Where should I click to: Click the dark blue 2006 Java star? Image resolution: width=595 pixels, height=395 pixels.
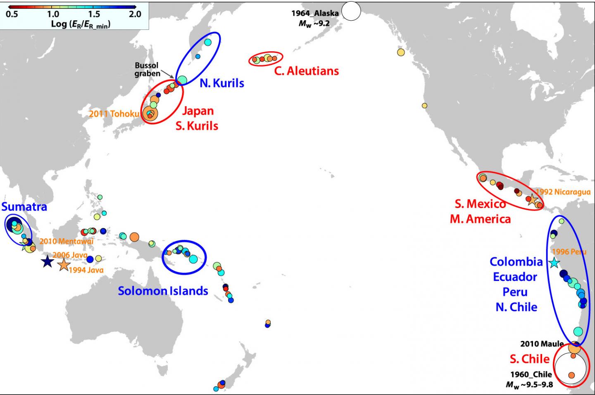click(47, 261)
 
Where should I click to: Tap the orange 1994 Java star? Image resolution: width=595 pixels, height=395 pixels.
click(64, 265)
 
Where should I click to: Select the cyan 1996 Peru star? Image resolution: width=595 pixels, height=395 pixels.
click(554, 263)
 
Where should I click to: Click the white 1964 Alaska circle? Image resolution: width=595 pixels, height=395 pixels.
click(351, 11)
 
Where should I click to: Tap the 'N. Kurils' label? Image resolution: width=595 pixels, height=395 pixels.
click(222, 83)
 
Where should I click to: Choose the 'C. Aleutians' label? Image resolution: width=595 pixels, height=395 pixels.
click(306, 71)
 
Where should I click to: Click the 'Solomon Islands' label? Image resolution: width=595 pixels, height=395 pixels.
click(163, 291)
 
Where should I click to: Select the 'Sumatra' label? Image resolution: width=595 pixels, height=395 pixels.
click(24, 207)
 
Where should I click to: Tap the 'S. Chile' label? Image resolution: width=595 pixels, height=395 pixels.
click(529, 359)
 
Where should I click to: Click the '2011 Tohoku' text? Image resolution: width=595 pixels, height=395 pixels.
click(114, 113)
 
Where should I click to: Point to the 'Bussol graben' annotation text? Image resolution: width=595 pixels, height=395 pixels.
click(147, 69)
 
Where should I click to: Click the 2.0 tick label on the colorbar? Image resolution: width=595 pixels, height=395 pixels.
click(134, 14)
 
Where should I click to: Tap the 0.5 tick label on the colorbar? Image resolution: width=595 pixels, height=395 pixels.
click(12, 14)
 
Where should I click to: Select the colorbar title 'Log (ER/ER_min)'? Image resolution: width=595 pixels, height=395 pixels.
click(81, 24)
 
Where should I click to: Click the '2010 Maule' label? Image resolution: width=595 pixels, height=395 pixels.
click(542, 344)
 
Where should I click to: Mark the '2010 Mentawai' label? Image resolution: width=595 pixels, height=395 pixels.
click(66, 241)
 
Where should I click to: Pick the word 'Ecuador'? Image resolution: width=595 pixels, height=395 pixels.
click(515, 277)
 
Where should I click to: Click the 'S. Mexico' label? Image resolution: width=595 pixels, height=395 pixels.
click(480, 204)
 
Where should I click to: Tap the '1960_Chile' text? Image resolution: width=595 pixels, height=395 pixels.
click(531, 374)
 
